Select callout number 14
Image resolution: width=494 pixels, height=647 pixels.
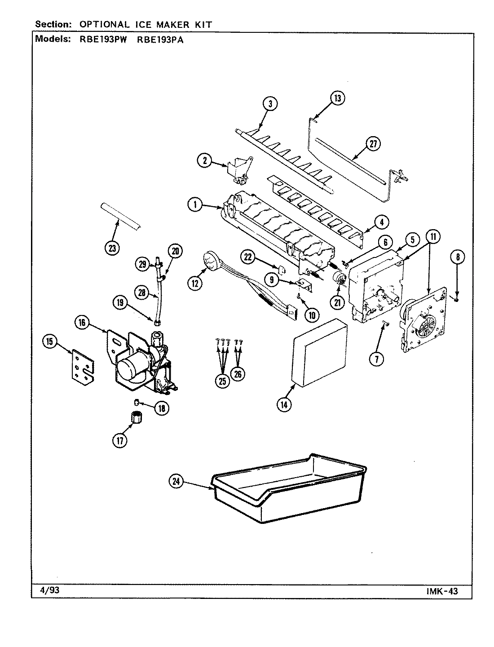(284, 404)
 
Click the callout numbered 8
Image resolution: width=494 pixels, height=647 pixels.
(457, 257)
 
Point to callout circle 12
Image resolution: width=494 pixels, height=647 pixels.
(196, 283)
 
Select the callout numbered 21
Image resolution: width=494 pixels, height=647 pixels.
(336, 302)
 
